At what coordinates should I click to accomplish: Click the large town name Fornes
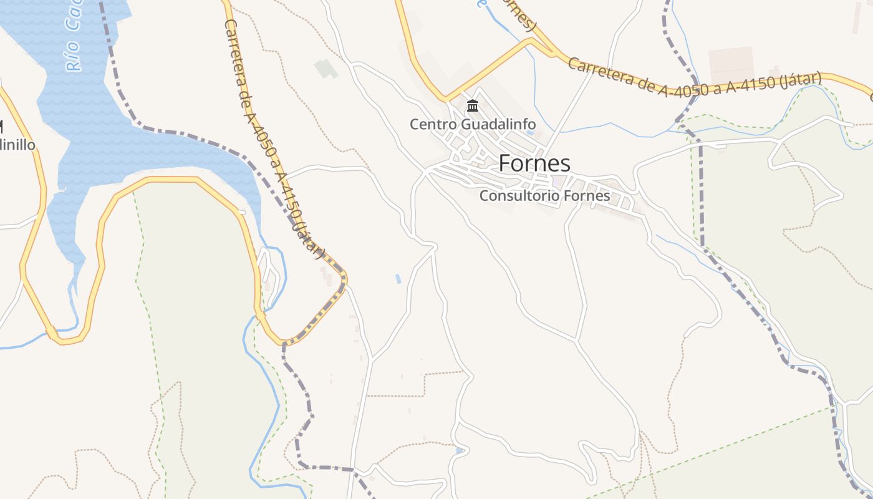[x=534, y=163]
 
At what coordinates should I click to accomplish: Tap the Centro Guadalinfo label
[x=472, y=124]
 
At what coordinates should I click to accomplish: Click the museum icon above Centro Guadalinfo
[x=473, y=107]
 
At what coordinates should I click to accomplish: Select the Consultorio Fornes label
[x=544, y=196]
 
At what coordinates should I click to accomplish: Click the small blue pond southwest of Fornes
[x=398, y=279]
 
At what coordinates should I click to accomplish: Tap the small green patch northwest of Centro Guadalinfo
[x=326, y=68]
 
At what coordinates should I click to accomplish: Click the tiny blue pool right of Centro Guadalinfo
[x=530, y=133]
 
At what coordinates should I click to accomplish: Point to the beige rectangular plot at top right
[x=731, y=65]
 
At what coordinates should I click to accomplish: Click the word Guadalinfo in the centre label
[x=498, y=124]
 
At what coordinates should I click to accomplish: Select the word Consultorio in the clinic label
[x=519, y=196]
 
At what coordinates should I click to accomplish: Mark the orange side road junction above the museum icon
[x=445, y=98]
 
